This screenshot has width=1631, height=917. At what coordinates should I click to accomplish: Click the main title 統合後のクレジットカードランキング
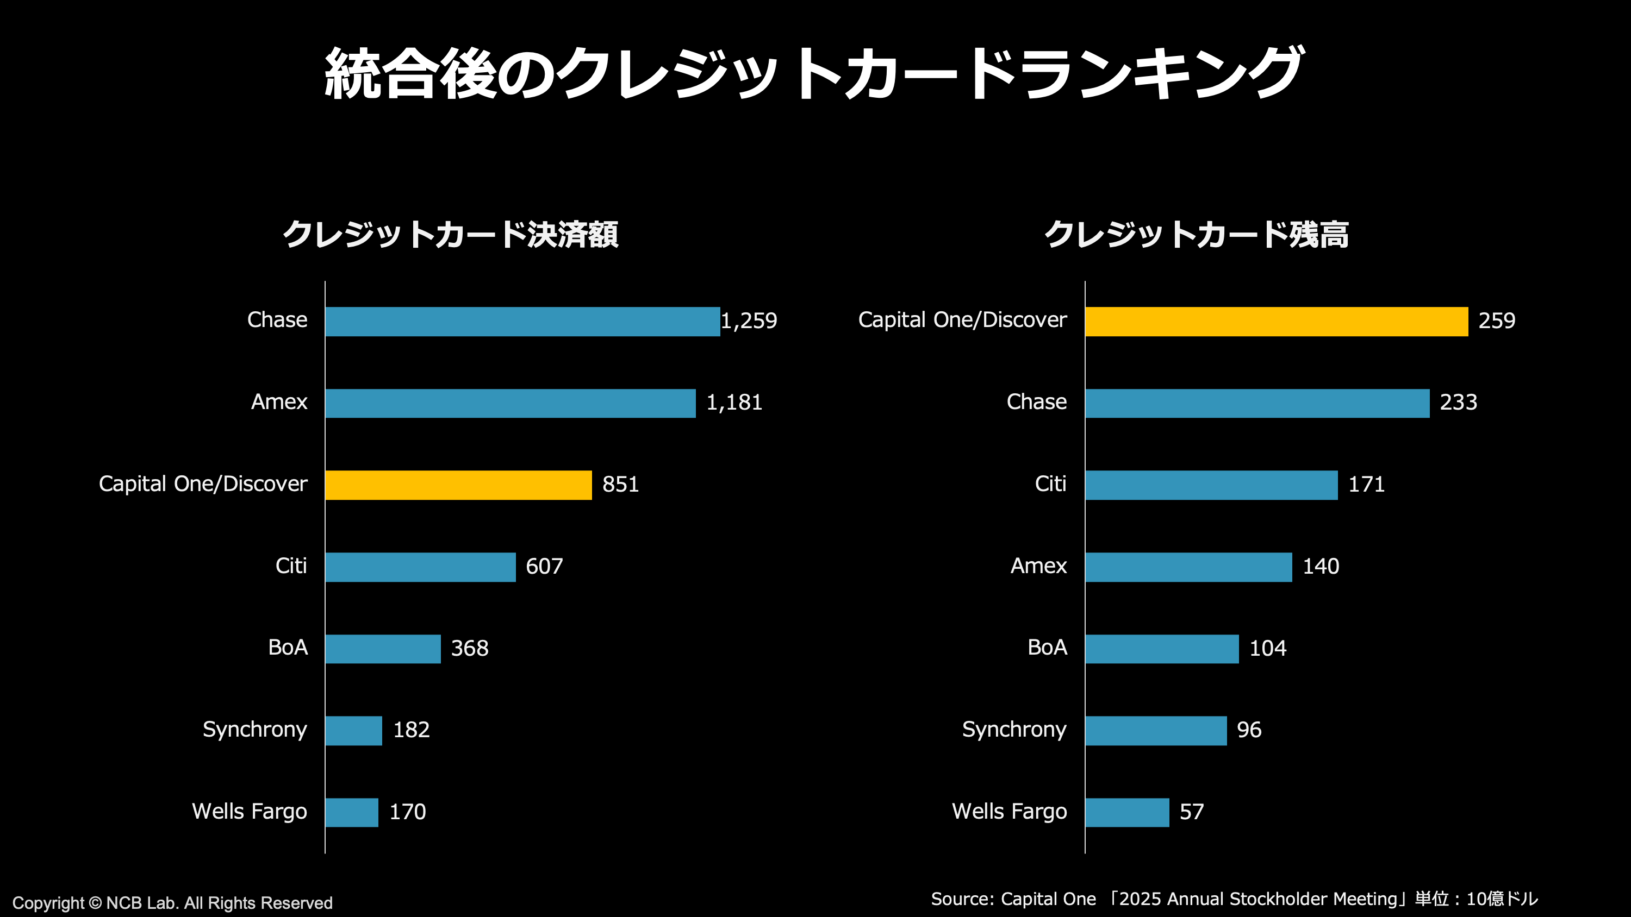[x=814, y=74]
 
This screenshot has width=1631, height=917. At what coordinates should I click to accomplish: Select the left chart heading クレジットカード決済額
[x=450, y=234]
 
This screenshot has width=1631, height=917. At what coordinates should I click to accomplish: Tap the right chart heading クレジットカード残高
[x=1196, y=234]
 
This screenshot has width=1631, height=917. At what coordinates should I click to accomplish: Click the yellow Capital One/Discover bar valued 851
[x=458, y=485]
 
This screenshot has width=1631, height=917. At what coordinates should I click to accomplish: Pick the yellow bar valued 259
[x=1276, y=322]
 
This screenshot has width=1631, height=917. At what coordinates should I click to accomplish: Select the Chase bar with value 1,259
[x=522, y=322]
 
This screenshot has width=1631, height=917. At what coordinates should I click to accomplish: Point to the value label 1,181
[x=734, y=403]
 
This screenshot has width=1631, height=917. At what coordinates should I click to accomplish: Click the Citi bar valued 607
[x=420, y=567]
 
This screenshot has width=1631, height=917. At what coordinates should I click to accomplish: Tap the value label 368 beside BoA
[x=469, y=648]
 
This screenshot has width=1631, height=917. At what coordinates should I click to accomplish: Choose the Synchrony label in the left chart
[x=254, y=730]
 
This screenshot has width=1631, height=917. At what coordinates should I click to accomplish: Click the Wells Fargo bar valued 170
[x=351, y=812]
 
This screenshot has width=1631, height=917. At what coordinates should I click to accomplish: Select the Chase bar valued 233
[x=1257, y=403]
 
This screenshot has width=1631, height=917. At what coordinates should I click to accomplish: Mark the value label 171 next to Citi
[x=1366, y=485]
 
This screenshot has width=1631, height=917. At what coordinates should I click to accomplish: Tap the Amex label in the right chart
[x=1038, y=566]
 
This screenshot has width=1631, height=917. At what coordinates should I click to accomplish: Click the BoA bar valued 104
[x=1162, y=649]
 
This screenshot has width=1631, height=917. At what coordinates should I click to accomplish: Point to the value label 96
[x=1249, y=730]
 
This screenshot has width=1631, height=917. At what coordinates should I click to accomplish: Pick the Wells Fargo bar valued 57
[x=1127, y=812]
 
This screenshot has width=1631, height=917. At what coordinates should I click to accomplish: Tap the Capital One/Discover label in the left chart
[x=203, y=484]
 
